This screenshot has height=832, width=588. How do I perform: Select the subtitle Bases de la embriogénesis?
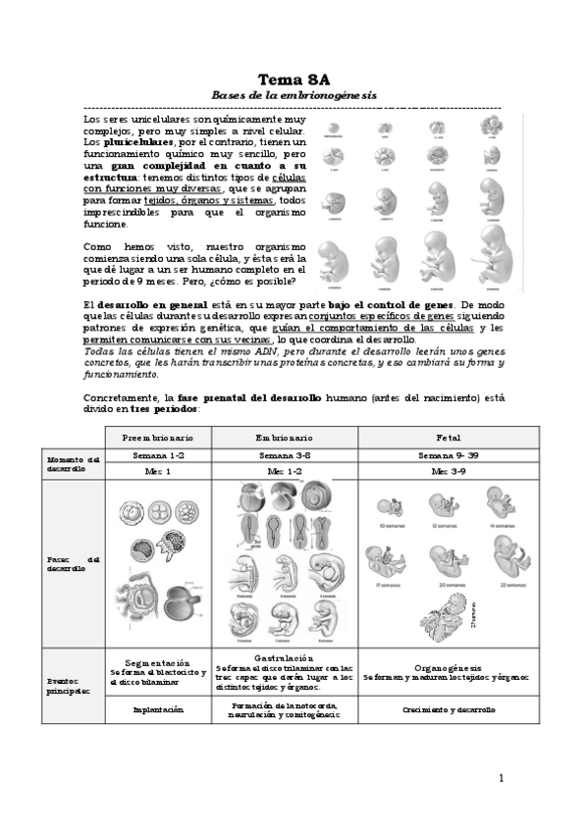294,94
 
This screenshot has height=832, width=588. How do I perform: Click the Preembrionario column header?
157,438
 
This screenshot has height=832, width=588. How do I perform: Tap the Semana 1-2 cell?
157,456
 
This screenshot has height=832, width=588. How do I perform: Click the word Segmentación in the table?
157,663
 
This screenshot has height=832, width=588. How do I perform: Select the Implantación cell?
157,709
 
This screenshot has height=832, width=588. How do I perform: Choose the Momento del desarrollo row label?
73,463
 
